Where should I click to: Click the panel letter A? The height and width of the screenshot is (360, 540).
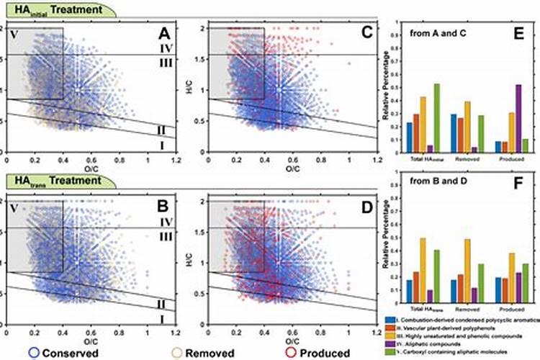point(165,35)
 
